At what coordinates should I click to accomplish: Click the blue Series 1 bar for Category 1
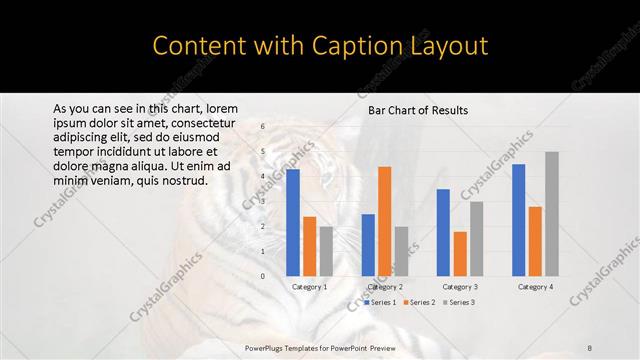293,222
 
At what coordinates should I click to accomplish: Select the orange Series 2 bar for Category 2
384,221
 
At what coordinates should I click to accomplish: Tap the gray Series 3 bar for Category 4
552,214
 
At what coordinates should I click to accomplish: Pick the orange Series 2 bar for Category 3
460,254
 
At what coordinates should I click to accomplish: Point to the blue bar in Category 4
518,220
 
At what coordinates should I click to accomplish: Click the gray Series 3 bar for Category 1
326,251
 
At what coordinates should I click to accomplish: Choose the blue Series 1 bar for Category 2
368,245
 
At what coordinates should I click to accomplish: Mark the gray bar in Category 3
476,239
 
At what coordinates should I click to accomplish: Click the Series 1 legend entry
381,302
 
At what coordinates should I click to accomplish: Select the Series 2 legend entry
419,302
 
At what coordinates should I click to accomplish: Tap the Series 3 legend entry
457,302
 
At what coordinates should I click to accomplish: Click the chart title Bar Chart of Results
419,110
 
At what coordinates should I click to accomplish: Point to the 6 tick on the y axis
263,127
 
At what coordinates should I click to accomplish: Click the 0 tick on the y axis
263,276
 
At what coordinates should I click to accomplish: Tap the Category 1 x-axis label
309,287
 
